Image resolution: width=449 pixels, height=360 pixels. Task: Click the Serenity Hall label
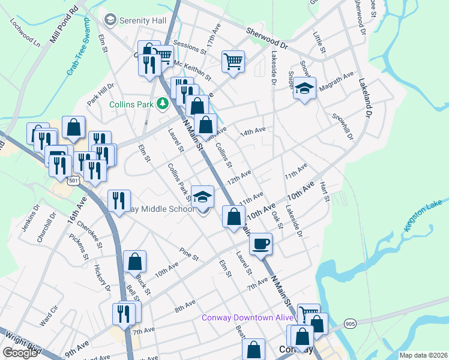click(x=142, y=20)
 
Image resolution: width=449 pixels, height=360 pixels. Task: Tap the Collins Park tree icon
click(x=161, y=104)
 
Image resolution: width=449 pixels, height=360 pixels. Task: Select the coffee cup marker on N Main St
click(x=261, y=244)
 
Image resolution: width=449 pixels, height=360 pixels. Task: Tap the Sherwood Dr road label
click(x=267, y=38)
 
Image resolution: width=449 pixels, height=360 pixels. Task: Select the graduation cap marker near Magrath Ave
click(x=304, y=89)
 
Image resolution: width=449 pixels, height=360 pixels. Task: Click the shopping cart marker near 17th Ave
click(x=232, y=61)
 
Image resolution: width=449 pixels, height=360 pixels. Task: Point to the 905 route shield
click(x=351, y=324)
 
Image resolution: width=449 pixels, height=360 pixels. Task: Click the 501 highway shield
click(x=73, y=180)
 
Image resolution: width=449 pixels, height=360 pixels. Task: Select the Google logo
click(x=20, y=353)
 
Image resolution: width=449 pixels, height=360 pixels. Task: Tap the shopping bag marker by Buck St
click(x=135, y=262)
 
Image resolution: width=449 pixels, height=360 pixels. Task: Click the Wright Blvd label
click(x=20, y=342)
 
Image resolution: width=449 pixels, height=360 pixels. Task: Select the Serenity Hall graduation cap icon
click(x=110, y=20)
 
